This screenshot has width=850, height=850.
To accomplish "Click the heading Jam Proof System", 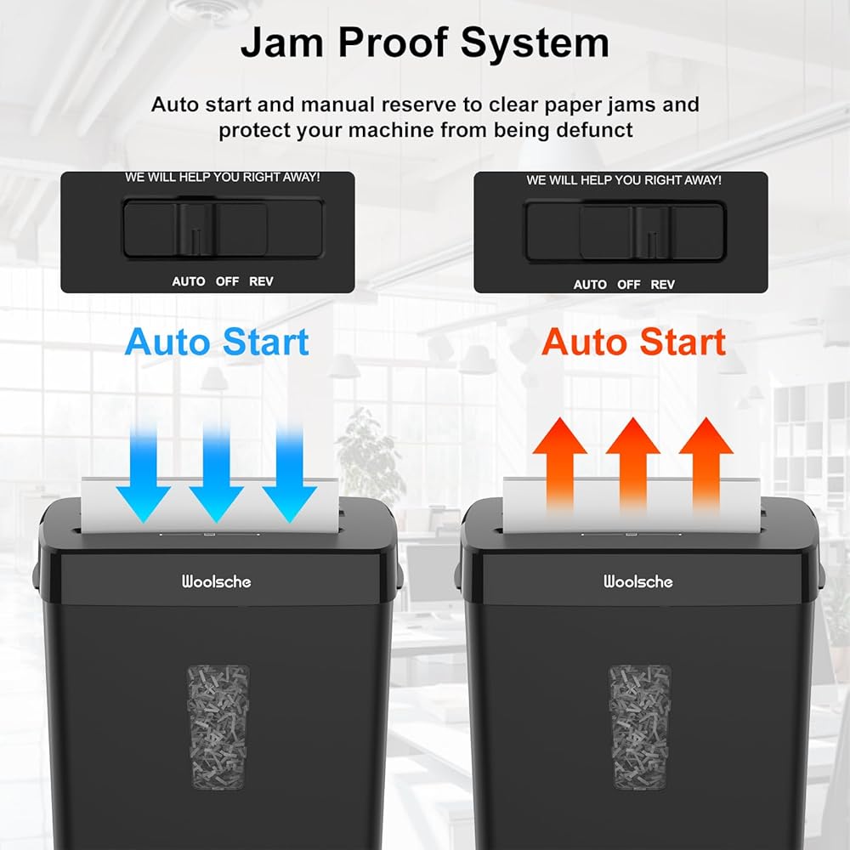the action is tap(424, 42).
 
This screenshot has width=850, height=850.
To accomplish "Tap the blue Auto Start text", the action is tap(217, 342).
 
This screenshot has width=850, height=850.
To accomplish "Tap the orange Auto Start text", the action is tap(633, 342).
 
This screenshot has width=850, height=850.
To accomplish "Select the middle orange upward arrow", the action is tap(633, 463).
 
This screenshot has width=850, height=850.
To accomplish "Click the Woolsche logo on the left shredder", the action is tap(216, 582).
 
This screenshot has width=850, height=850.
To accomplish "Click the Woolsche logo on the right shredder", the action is tap(637, 582).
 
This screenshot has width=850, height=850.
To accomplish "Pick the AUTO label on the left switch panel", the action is tap(188, 281).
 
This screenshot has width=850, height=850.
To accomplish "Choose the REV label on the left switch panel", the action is tap(261, 281).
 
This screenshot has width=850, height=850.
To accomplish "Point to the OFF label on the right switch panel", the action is tap(629, 285).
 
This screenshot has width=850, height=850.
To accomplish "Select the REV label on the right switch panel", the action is tap(662, 285).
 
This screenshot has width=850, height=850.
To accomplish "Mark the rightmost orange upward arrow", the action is tap(706, 463).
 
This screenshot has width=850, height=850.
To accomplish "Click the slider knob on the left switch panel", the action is tap(195, 229).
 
